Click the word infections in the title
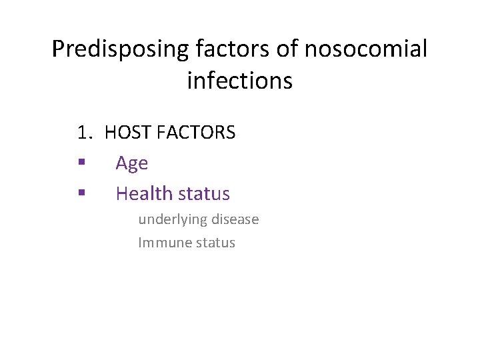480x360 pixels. tap(239, 81)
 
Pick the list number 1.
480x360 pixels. tap(83, 133)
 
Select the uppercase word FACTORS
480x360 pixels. tap(196, 133)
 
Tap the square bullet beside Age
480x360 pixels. tap(81, 163)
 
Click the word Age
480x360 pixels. tap(131, 163)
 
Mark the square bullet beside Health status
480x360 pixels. tap(81, 193)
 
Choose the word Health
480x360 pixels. tap(140, 193)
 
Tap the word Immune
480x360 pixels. tap(160, 243)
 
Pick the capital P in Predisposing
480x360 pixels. tap(57, 49)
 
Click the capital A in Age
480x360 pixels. tap(121, 163)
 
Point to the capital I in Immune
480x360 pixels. tap(140, 243)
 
